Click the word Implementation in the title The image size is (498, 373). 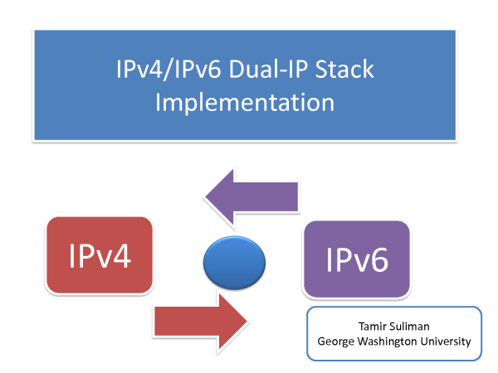(245, 103)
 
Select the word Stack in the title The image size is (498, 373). (344, 69)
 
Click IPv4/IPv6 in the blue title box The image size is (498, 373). (168, 69)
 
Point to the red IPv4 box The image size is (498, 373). (100, 255)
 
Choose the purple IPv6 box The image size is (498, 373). (357, 259)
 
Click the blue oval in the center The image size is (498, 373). (234, 263)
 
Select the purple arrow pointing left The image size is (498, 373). (251, 197)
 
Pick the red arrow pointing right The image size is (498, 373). (201, 321)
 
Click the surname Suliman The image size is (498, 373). (409, 327)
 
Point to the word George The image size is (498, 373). (335, 342)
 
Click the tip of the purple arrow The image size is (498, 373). (206, 196)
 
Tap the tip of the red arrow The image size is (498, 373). (247, 321)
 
